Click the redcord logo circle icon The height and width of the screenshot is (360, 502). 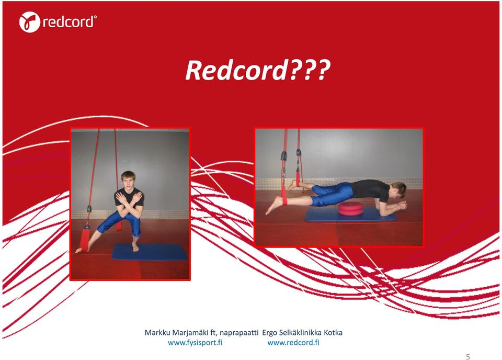[29, 22]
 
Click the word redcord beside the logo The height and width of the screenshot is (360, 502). [69, 22]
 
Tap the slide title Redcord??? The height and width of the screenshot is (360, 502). [257, 70]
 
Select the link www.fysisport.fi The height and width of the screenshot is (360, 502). [195, 343]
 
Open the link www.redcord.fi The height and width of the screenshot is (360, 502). [293, 343]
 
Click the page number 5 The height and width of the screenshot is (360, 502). [468, 357]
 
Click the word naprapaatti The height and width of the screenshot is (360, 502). [239, 333]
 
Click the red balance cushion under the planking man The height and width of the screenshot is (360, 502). [351, 209]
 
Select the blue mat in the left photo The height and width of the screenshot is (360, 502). [150, 252]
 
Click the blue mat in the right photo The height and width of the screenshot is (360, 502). [351, 215]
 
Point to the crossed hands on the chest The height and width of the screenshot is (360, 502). [129, 198]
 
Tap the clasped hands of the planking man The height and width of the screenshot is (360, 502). [402, 205]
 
